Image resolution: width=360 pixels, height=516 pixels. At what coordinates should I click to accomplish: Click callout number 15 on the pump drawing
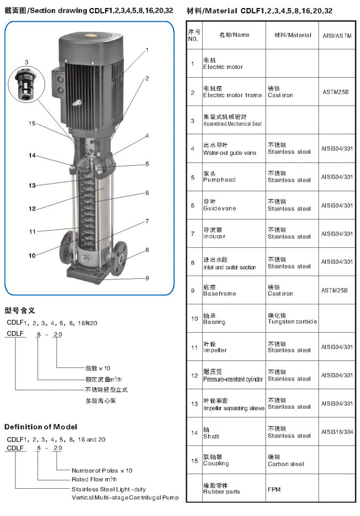coord(32,123)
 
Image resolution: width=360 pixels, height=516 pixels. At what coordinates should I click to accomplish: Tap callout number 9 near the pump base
coord(147,278)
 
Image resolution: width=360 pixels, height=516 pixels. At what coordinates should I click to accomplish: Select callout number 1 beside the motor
coord(147,50)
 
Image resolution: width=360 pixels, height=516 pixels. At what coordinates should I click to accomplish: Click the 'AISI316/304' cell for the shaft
coord(337,432)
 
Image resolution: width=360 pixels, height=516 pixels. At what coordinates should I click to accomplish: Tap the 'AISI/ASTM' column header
coord(337,36)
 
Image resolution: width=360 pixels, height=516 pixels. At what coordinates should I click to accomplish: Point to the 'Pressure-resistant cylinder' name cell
coord(233,375)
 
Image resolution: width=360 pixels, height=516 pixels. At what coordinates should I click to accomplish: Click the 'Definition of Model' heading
coord(41,426)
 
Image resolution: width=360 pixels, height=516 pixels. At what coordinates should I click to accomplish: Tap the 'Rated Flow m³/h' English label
coord(94,479)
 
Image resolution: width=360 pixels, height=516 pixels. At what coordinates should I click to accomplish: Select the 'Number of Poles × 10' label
coord(102,471)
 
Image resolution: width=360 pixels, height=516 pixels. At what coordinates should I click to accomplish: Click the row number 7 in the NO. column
coord(193,233)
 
